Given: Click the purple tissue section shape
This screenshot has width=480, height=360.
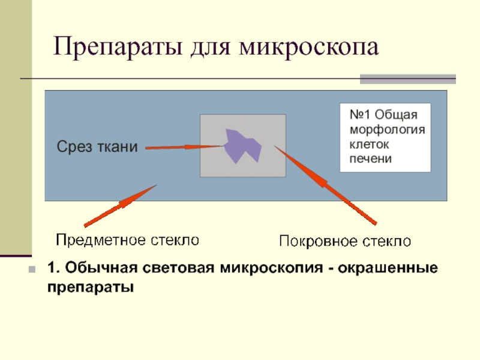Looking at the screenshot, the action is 242,146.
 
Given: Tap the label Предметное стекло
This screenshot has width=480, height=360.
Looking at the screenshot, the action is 127,241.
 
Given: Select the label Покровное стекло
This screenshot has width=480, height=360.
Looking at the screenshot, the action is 345,242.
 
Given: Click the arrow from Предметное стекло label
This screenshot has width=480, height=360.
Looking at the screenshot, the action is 121,206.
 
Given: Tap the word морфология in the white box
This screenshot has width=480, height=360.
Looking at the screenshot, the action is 387,130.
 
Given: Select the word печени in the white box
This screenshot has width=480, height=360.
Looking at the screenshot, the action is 371,159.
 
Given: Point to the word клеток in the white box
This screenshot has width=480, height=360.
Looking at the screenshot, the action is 369,145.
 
